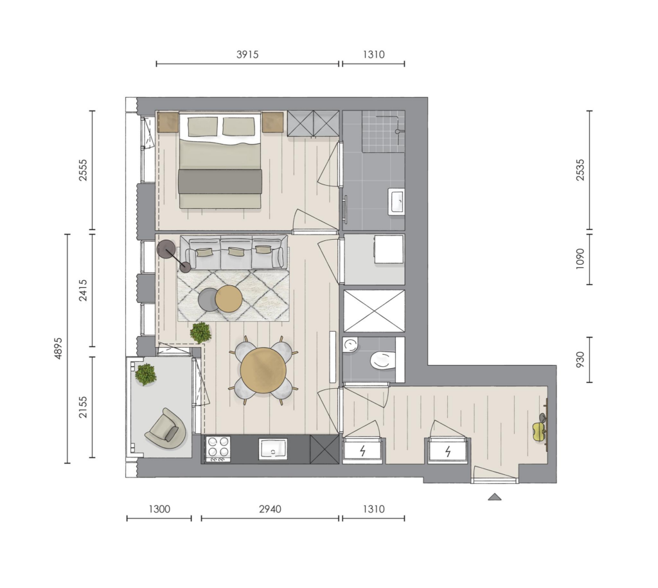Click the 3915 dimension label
click(x=247, y=55)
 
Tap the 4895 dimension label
click(x=58, y=348)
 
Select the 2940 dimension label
click(x=270, y=509)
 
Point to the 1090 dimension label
click(x=580, y=259)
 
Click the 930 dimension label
click(x=580, y=360)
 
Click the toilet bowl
click(x=383, y=361)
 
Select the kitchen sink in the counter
click(x=272, y=449)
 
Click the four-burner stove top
click(x=218, y=448)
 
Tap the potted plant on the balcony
click(x=146, y=375)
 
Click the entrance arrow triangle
click(x=495, y=497)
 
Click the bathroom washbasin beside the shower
click(x=396, y=202)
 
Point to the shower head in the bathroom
click(x=397, y=131)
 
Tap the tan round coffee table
click(x=229, y=298)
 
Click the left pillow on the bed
click(x=202, y=127)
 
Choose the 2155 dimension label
click(x=83, y=407)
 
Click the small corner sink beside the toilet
click(x=350, y=346)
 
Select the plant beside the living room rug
click(x=200, y=333)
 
